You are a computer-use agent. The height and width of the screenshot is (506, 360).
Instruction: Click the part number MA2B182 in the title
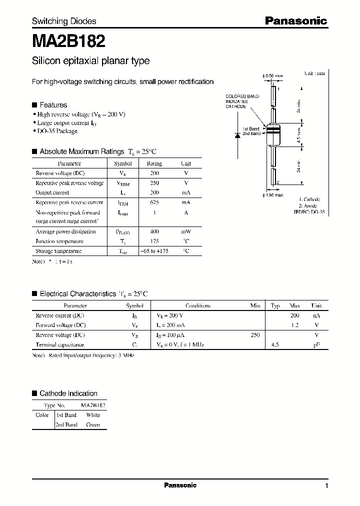tap(68, 39)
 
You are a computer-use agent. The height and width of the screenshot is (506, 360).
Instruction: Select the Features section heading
tap(53, 105)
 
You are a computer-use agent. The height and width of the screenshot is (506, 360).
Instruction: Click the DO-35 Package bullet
tap(57, 131)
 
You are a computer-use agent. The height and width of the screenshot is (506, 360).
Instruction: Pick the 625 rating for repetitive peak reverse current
tap(154, 202)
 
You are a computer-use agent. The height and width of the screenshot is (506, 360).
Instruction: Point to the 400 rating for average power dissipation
tap(154, 231)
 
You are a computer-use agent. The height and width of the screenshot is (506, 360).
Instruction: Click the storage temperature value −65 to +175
tap(154, 251)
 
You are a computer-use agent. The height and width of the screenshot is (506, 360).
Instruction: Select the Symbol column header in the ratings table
tap(123, 163)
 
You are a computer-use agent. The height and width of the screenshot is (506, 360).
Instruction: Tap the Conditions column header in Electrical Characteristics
tap(198, 305)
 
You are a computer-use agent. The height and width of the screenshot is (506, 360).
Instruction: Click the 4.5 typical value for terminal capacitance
tap(275, 344)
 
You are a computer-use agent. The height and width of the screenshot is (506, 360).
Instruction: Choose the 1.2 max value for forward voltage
tap(294, 325)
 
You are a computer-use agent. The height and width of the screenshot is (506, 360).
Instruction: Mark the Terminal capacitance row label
tap(59, 344)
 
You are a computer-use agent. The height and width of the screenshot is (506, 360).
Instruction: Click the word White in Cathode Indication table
tap(93, 415)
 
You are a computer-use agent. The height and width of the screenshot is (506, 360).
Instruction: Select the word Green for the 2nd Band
tap(93, 424)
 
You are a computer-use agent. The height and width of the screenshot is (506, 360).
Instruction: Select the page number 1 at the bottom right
tap(326, 486)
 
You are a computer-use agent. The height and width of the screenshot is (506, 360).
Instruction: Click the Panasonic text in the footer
tap(180, 485)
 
